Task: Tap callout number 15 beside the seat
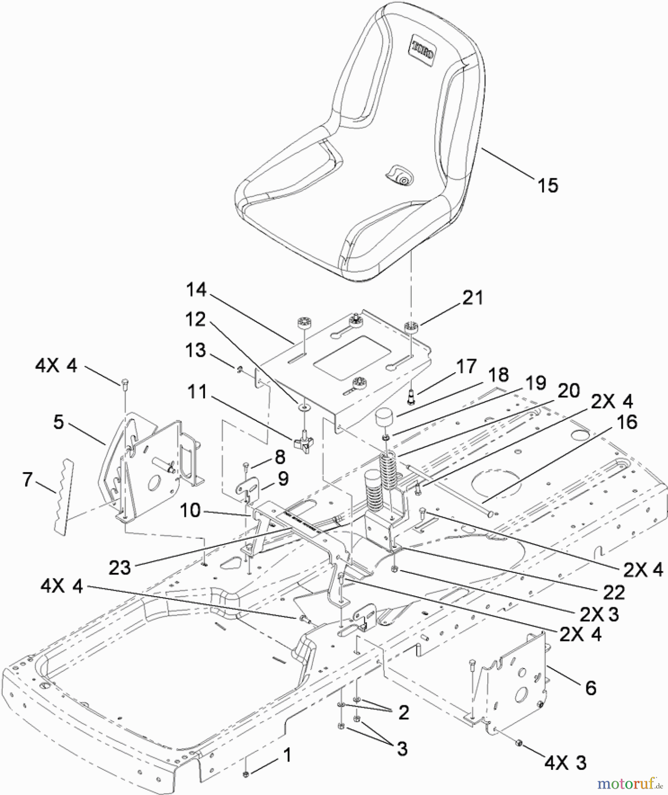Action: [x=547, y=185]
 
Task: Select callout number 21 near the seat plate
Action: [x=472, y=298]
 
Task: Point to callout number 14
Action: [x=196, y=290]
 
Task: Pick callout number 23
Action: [x=120, y=568]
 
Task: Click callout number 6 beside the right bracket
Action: [x=591, y=688]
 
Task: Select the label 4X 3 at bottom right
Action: [x=565, y=763]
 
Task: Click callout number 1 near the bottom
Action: [x=287, y=755]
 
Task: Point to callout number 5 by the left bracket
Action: [x=58, y=422]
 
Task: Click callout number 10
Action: [x=190, y=511]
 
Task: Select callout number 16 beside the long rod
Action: [x=626, y=422]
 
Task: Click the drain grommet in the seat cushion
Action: [x=401, y=177]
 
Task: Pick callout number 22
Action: [x=614, y=593]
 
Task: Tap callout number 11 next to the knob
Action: [x=197, y=391]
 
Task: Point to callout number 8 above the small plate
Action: [x=280, y=457]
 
